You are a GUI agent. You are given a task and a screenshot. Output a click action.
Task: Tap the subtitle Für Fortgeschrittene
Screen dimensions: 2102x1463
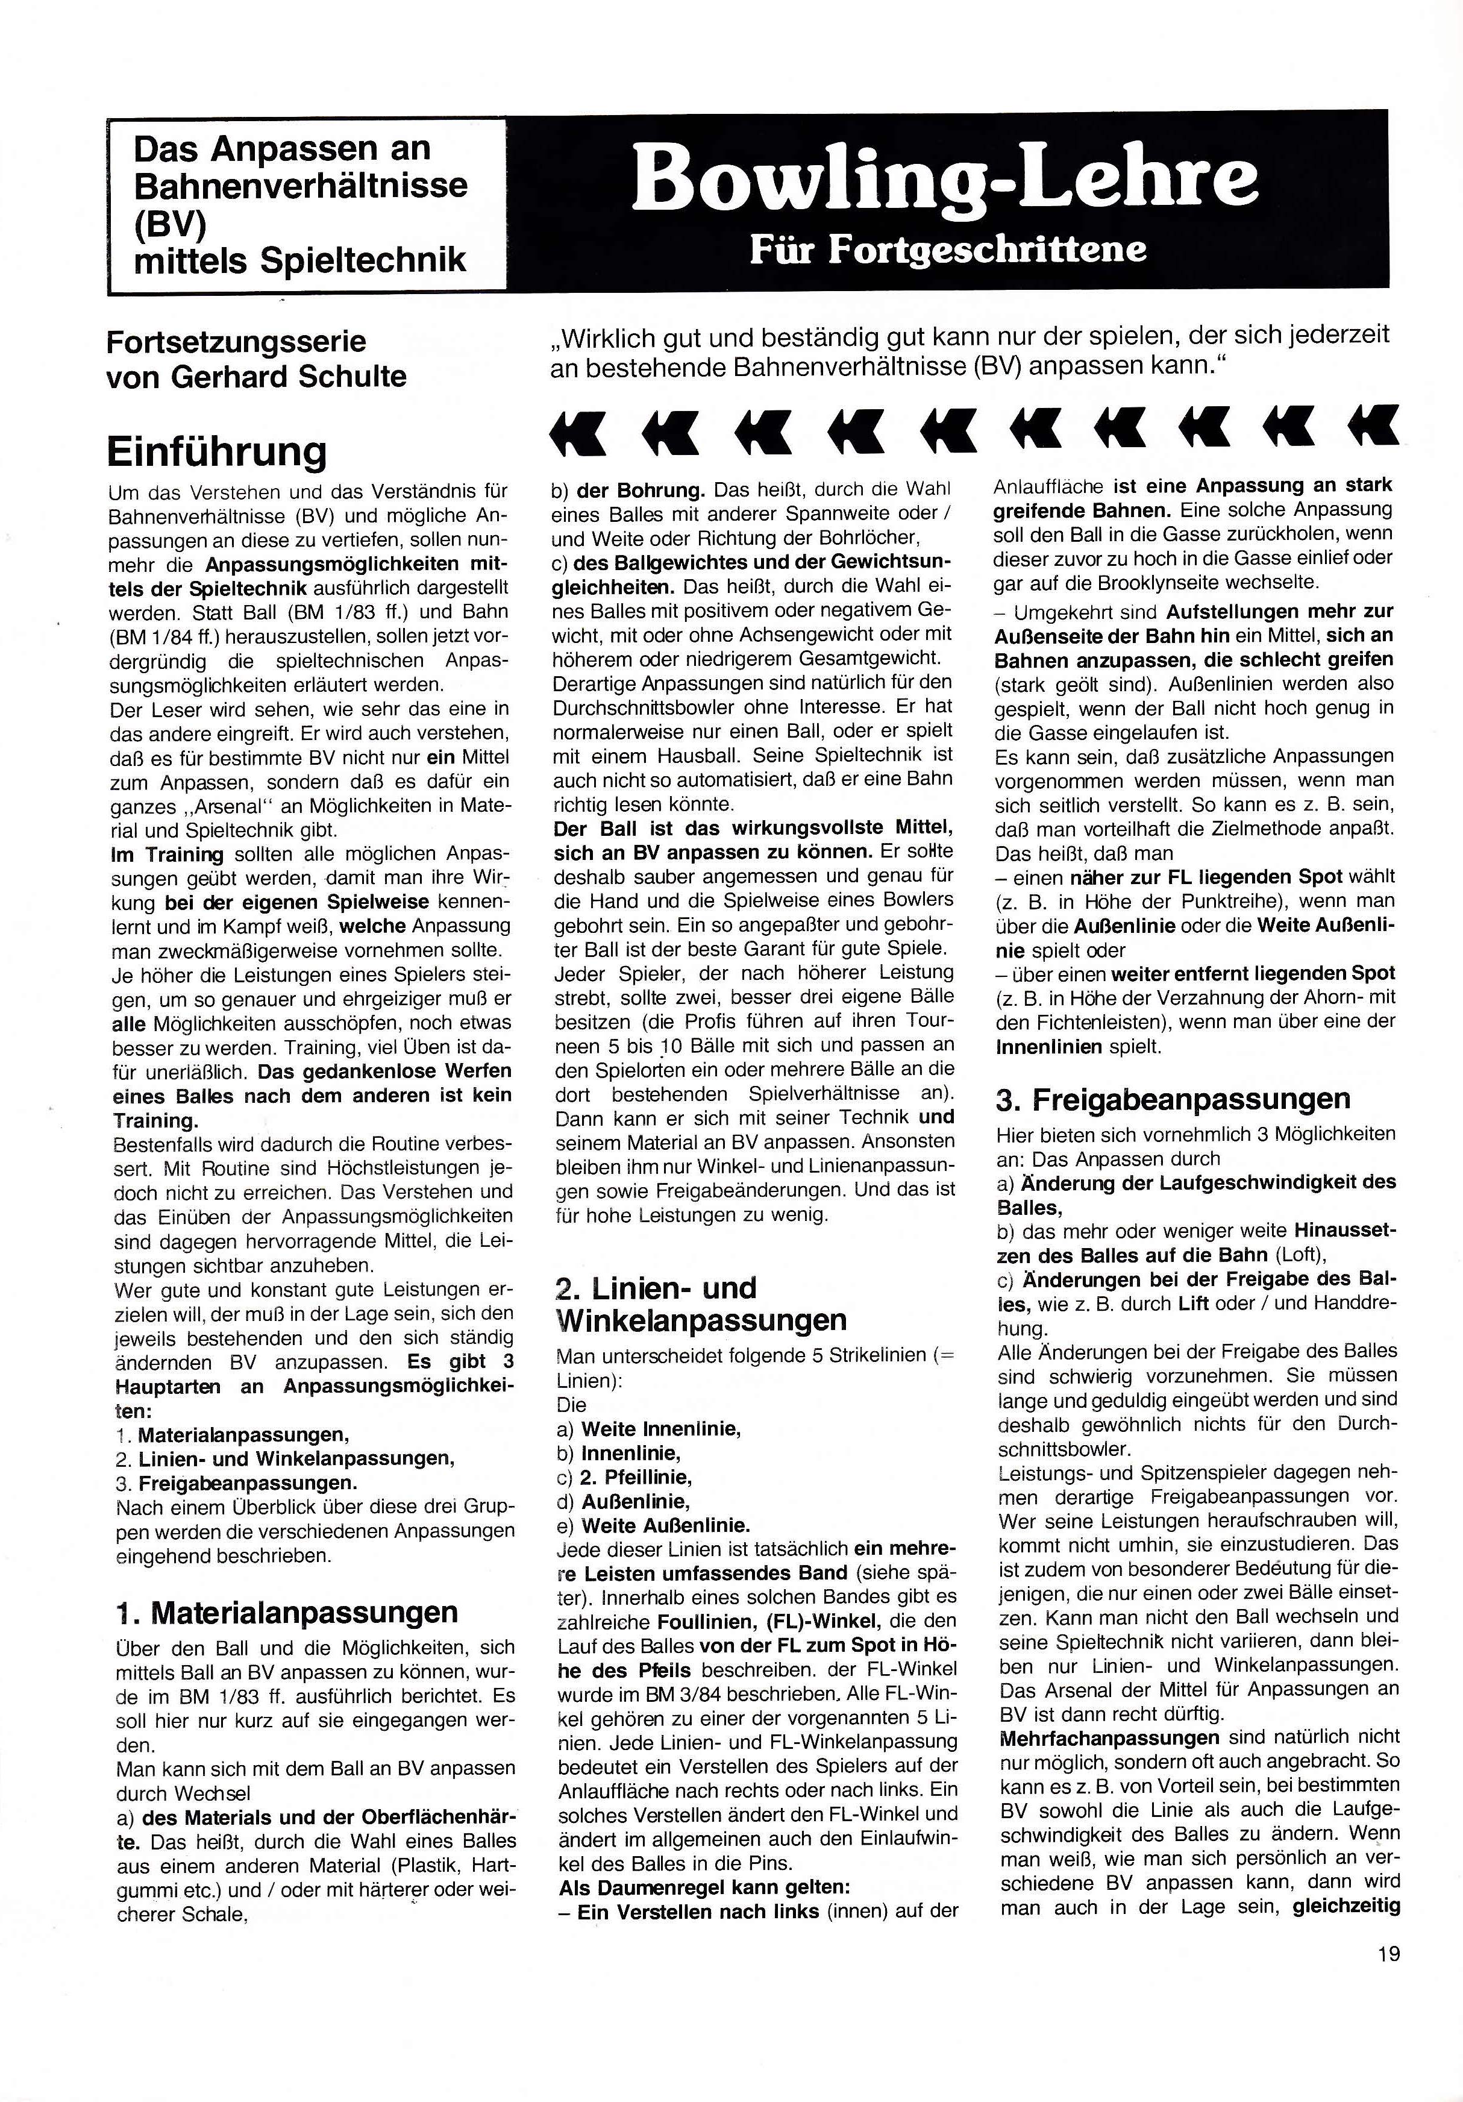948,249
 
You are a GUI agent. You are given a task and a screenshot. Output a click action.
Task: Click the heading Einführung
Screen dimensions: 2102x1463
217,451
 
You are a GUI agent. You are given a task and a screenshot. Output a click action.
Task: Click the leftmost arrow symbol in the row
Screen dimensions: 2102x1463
577,430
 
